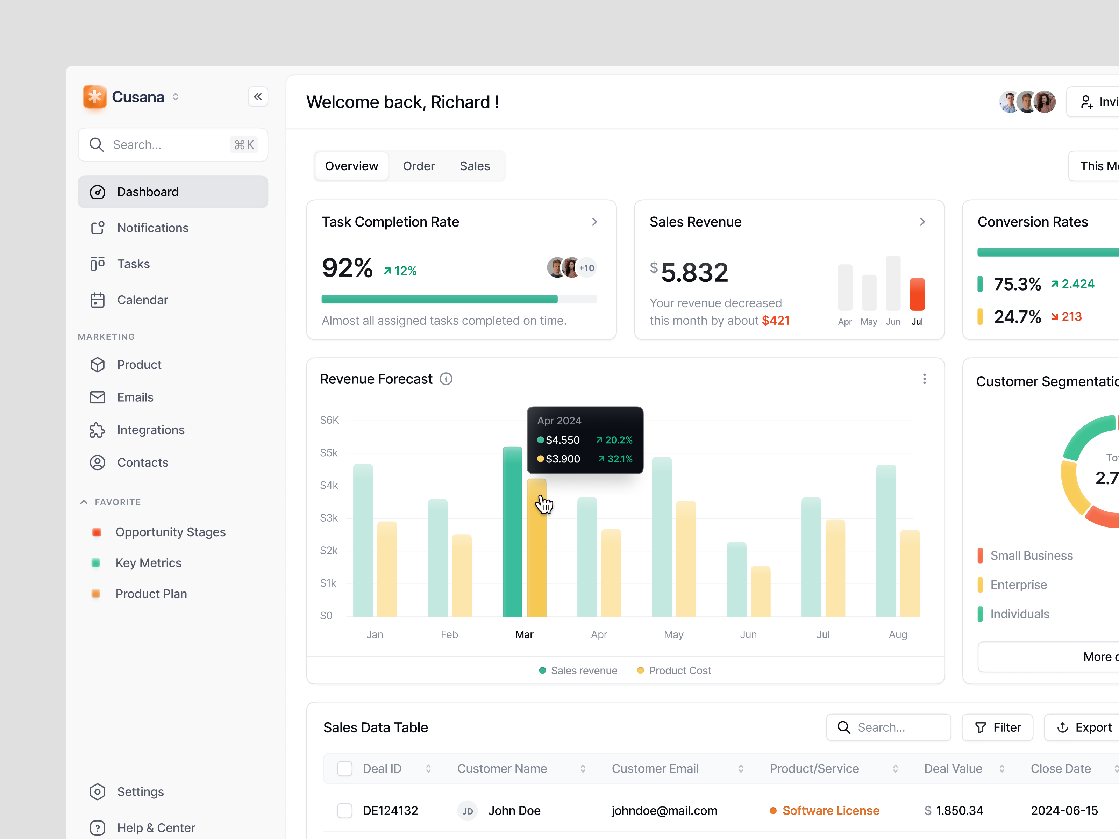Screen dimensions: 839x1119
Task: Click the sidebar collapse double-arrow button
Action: pyautogui.click(x=257, y=96)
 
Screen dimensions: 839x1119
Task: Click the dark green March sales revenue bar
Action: pyautogui.click(x=512, y=531)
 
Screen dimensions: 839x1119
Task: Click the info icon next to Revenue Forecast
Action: pyautogui.click(x=446, y=379)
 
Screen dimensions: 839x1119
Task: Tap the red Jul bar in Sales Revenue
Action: pyautogui.click(x=917, y=294)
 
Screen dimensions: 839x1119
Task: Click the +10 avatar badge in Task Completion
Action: pyautogui.click(x=587, y=268)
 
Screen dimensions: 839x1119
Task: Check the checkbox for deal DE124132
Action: pyautogui.click(x=344, y=811)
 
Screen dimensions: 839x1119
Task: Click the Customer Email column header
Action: pyautogui.click(x=655, y=769)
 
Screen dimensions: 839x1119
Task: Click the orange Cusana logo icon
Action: pyautogui.click(x=95, y=96)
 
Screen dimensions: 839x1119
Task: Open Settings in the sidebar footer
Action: pyautogui.click(x=140, y=791)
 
